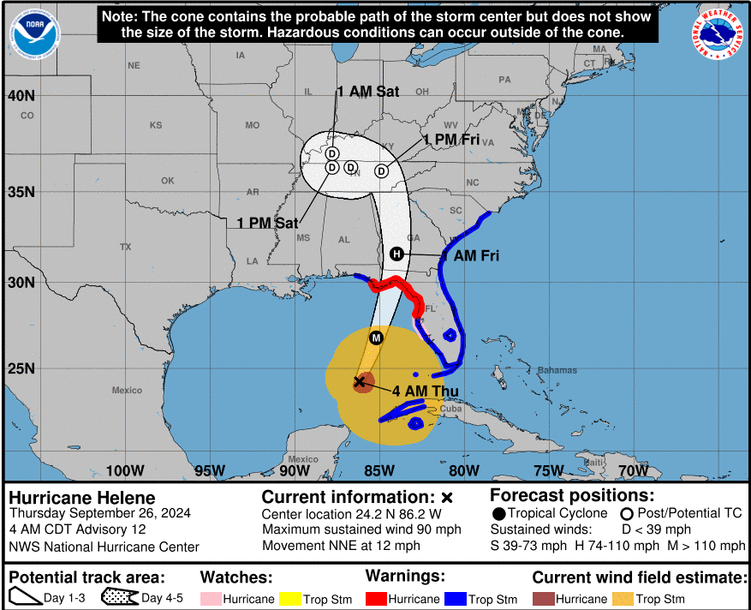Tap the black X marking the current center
coord(360,381)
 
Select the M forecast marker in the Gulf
coord(376,338)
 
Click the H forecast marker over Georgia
coord(396,254)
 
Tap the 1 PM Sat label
coord(267,223)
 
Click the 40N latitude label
coord(21,95)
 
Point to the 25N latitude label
coord(21,368)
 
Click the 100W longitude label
coord(125,470)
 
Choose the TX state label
coord(126,247)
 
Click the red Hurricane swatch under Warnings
coord(375,599)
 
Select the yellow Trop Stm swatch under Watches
coord(290,599)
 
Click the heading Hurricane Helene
coord(82,498)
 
